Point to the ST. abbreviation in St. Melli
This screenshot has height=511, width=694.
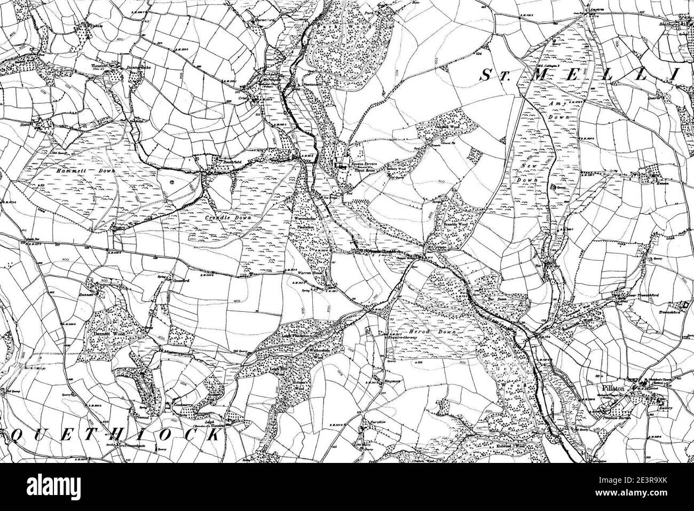coord(494,76)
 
